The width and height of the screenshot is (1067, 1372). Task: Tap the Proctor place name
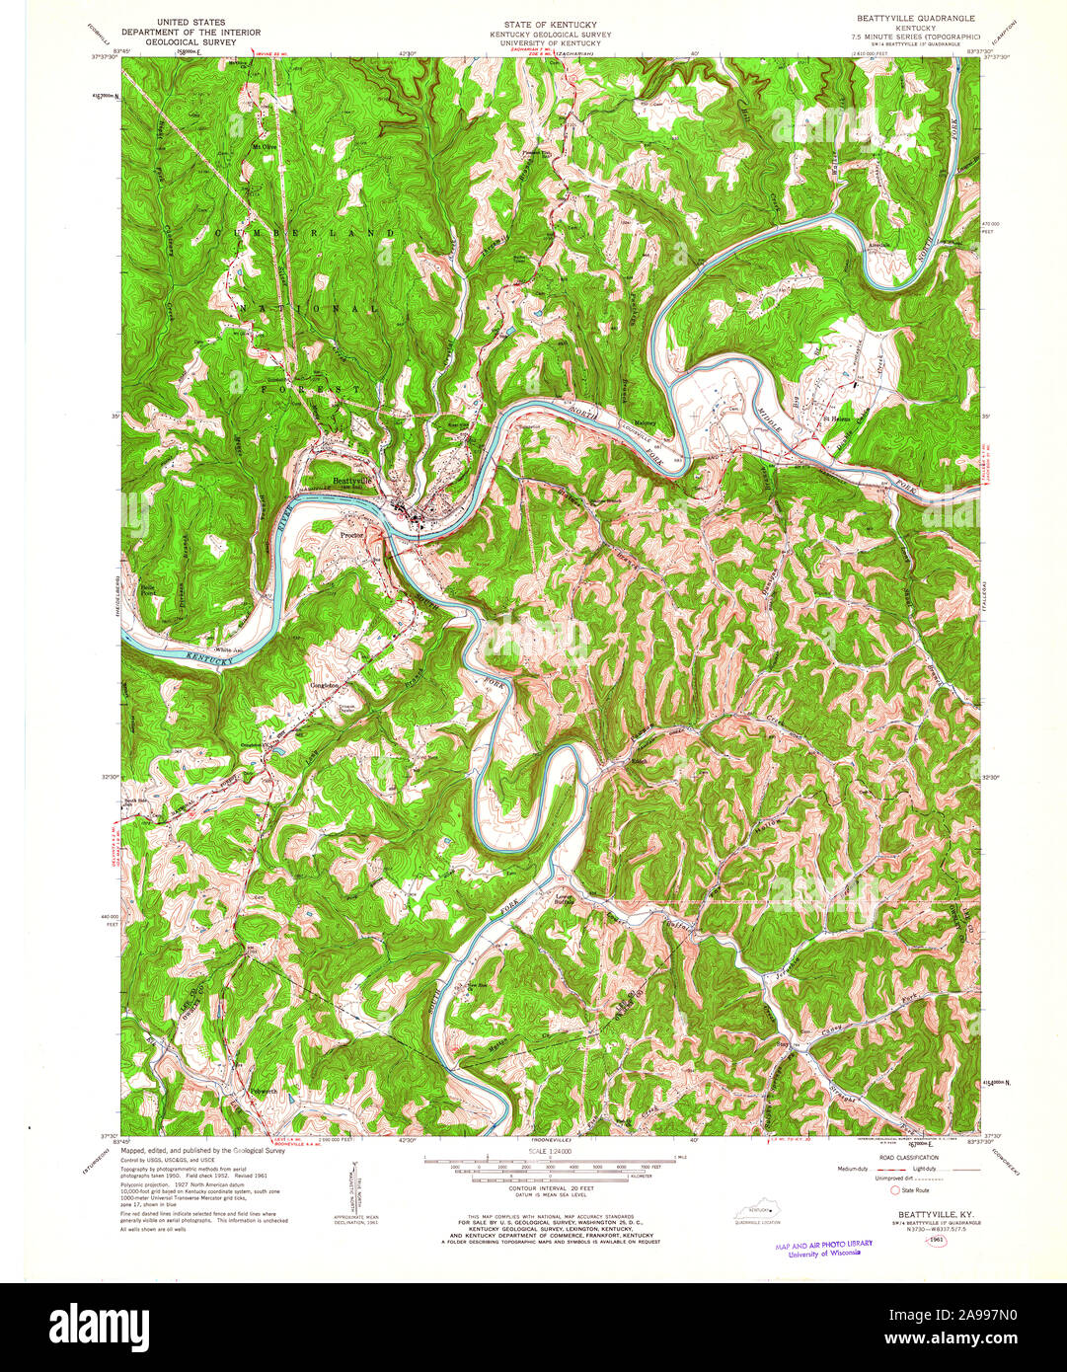click(x=352, y=533)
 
